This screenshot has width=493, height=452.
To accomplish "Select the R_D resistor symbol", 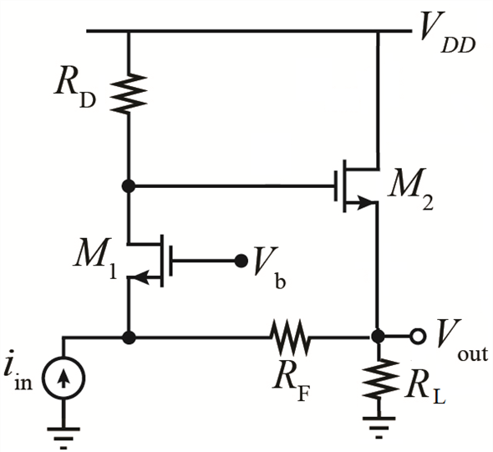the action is coord(129,94).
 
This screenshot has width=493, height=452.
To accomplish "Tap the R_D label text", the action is coord(75,91).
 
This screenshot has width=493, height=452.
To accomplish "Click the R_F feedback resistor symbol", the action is coord(289,338).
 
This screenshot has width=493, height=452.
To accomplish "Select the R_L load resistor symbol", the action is coord(379,378).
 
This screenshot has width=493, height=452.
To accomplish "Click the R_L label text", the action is coord(425,389).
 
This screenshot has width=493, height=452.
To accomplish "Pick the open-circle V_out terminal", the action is coord(418,337).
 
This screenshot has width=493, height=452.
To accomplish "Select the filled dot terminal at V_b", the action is coord(241,261).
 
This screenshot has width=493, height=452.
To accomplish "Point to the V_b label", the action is coord(270,267).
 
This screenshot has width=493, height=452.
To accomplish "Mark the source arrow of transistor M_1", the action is coord(144,277).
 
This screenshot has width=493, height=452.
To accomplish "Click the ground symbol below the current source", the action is coord(64,438).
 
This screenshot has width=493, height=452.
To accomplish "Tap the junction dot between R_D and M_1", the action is coord(129,186).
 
